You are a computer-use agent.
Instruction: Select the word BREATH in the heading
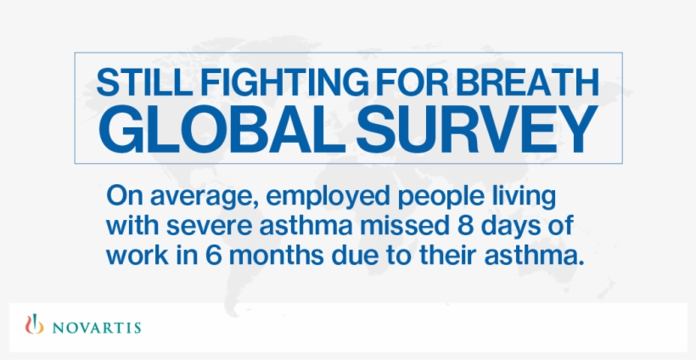(527, 82)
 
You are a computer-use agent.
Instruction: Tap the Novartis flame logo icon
(35, 324)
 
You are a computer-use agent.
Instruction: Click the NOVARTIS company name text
(96, 328)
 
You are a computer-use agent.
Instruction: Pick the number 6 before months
(198, 256)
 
